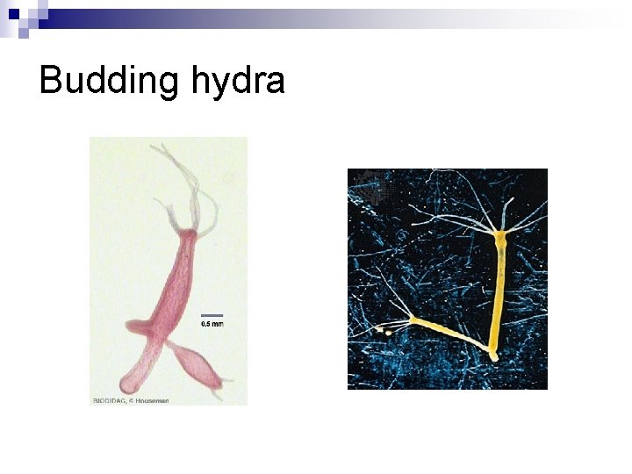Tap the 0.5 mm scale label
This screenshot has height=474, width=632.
tap(212, 324)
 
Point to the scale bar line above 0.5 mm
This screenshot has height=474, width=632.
tap(212, 315)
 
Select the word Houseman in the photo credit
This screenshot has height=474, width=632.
tap(152, 400)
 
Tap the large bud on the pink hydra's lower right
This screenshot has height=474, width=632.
tap(195, 364)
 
